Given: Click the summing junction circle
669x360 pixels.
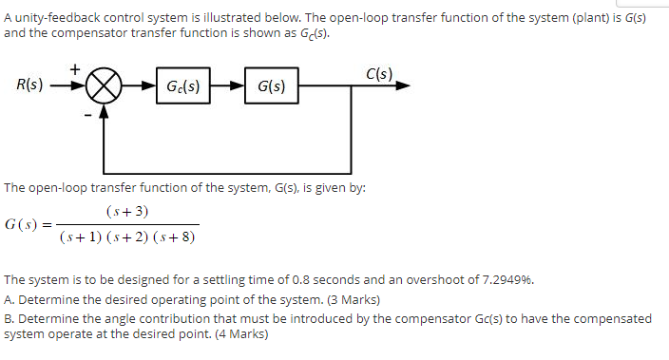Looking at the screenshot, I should (105, 87).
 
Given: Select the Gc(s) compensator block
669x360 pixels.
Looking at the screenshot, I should (182, 87).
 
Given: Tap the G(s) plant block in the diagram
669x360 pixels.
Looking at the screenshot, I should (271, 87).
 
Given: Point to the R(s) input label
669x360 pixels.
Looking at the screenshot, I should (29, 85).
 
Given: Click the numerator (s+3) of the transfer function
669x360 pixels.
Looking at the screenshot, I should (128, 211).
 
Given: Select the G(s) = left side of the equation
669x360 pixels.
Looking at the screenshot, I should (27, 224).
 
